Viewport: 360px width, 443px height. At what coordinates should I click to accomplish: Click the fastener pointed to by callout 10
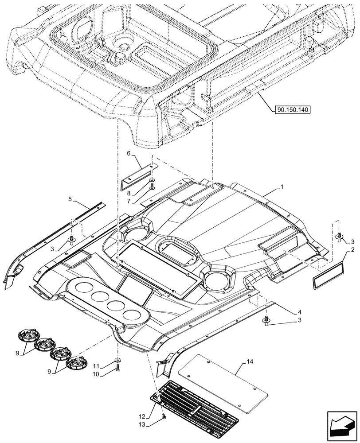point(117,367)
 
